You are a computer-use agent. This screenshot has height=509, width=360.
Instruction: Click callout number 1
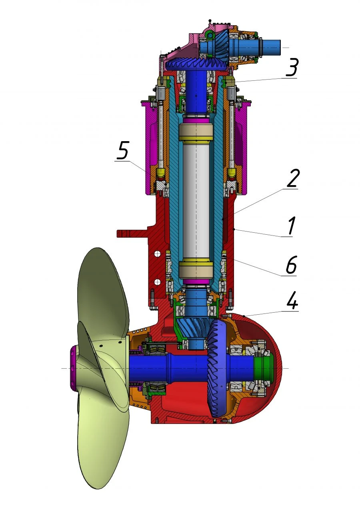point(291,226)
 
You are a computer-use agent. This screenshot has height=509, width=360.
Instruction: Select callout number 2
point(292,179)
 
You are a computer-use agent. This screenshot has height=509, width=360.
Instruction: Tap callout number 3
point(292,68)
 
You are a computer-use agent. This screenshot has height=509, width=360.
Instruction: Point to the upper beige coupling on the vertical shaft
point(196,132)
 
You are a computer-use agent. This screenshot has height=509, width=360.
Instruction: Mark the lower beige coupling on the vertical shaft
point(196,268)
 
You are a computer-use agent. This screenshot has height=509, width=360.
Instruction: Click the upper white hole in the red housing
point(158,254)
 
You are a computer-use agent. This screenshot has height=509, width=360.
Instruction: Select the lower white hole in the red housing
point(158,282)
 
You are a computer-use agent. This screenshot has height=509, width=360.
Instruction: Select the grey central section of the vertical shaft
point(196,200)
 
